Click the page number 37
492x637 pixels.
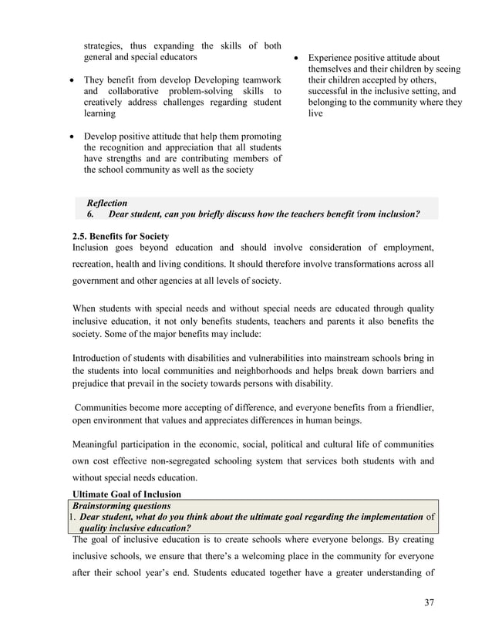429,602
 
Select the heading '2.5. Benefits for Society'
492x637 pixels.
120,235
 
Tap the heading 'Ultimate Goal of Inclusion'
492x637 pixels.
126,494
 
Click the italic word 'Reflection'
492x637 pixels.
107,202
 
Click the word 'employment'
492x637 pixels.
404,247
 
